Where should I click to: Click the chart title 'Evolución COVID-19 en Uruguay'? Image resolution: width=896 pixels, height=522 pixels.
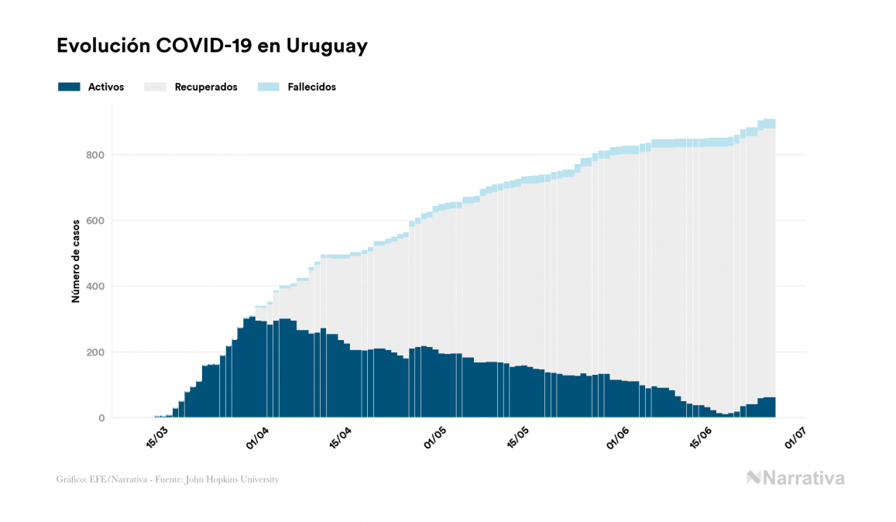(x=211, y=46)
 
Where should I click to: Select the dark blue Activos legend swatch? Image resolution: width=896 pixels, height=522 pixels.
(x=69, y=87)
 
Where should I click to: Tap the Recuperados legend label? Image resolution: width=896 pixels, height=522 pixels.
(x=206, y=87)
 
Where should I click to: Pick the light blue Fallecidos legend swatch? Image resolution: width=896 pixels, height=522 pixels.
(x=268, y=87)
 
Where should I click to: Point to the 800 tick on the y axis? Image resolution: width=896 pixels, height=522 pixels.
(x=96, y=155)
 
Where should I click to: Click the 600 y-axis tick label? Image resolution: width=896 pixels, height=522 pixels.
(x=96, y=221)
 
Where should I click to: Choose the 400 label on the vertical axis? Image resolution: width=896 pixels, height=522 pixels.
(x=96, y=287)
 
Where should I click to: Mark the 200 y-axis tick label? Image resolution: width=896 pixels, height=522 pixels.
(x=96, y=352)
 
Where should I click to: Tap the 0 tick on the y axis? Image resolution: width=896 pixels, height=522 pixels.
(x=101, y=418)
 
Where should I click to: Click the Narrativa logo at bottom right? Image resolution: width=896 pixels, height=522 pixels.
(x=795, y=478)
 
